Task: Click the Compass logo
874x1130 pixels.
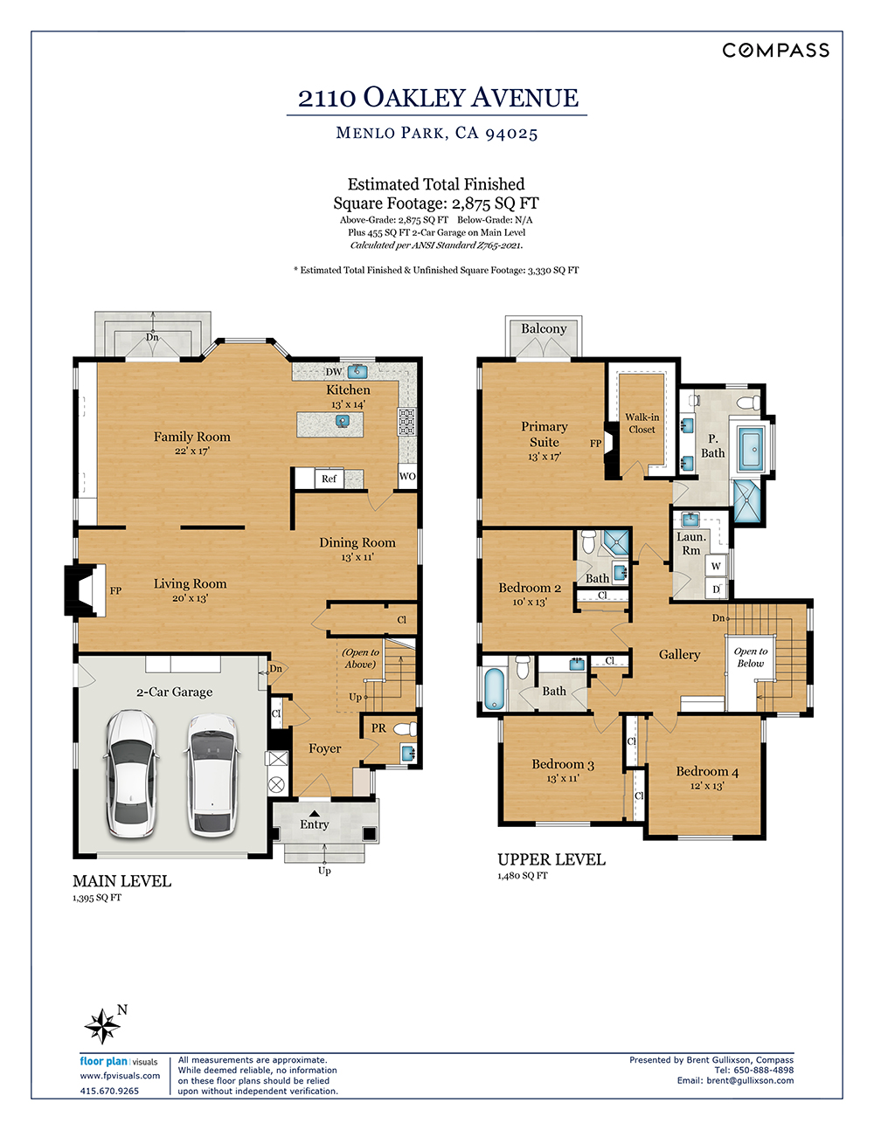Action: (775, 51)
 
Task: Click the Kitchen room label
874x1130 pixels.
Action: (348, 389)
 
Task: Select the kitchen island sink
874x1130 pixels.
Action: (342, 420)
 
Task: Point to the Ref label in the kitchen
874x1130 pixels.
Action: (329, 479)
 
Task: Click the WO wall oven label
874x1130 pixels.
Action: (407, 476)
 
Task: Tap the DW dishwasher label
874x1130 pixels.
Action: (334, 372)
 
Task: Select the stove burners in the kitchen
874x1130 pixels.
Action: (406, 422)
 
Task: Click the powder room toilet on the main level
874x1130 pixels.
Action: (406, 729)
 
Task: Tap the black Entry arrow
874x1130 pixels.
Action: (315, 814)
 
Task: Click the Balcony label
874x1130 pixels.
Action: (544, 328)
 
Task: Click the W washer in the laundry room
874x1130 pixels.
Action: (716, 566)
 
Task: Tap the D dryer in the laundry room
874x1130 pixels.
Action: (716, 589)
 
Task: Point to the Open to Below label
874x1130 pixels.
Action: (750, 658)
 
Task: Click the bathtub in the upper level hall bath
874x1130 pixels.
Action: (494, 689)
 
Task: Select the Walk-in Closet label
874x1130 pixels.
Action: (642, 424)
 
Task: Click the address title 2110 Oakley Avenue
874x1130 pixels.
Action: (438, 97)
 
